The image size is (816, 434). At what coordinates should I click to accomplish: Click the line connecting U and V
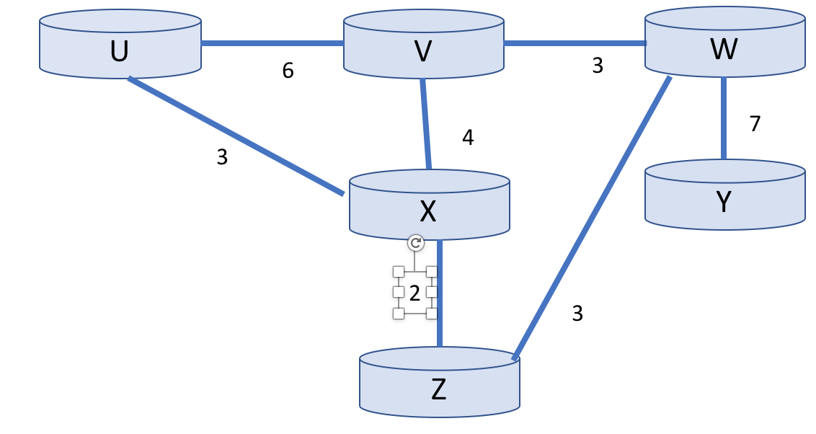[272, 43]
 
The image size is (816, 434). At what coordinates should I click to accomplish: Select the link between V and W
[574, 43]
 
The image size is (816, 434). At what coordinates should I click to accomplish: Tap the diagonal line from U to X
[236, 136]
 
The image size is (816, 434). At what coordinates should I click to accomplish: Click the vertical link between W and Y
[724, 118]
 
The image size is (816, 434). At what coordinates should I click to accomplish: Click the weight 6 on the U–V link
[288, 71]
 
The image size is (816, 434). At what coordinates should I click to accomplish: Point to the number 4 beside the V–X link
[468, 138]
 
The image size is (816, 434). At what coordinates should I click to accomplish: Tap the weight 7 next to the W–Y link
[755, 124]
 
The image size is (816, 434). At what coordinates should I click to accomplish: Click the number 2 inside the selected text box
[414, 293]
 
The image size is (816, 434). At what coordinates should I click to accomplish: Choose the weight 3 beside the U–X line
[222, 157]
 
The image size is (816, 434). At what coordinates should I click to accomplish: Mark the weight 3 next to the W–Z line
[577, 313]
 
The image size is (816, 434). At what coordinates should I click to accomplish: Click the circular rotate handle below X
[415, 243]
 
